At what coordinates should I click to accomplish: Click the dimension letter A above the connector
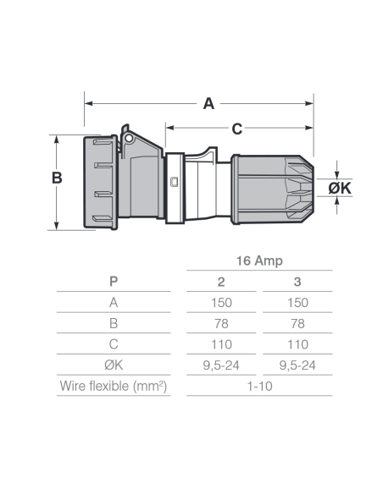pos(208,104)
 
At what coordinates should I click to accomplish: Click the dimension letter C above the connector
pos(237,129)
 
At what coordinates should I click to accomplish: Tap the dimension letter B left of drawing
pos(57,178)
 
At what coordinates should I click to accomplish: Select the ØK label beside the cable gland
pos(340,188)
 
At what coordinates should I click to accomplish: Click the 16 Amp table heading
pos(259,261)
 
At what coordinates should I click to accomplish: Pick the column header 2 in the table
pos(221,282)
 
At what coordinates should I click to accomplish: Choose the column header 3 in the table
pos(297,282)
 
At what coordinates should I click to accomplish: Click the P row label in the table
pos(114,282)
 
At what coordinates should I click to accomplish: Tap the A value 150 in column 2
pos(221,303)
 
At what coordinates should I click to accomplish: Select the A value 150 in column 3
pos(297,303)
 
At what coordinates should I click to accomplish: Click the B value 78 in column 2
pos(221,324)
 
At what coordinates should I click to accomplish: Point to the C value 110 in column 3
pos(297,344)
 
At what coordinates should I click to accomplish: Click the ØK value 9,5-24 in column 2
pos(221,365)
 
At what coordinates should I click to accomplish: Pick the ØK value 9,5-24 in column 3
pos(297,365)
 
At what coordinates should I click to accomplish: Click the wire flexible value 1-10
pos(259,387)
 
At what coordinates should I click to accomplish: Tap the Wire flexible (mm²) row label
pos(114,387)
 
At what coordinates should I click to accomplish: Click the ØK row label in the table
pos(114,365)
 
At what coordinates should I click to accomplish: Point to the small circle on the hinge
pos(129,139)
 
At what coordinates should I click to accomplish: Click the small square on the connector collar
pos(174,182)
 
